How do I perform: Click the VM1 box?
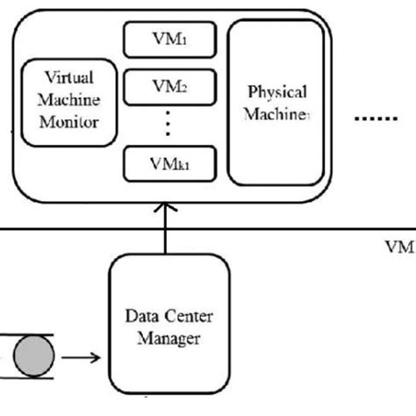point(167,39)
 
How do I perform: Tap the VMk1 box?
point(167,164)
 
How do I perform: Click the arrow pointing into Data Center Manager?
point(84,358)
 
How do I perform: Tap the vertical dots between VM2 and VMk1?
point(168,126)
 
